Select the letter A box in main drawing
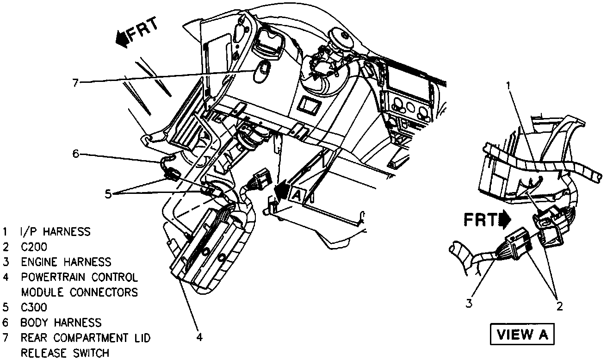click(297, 196)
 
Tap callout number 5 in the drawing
click(108, 194)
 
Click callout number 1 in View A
click(508, 85)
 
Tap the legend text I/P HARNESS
click(56, 231)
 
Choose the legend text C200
click(34, 247)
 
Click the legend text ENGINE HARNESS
click(66, 262)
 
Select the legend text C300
click(34, 307)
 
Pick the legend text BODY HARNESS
click(61, 323)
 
